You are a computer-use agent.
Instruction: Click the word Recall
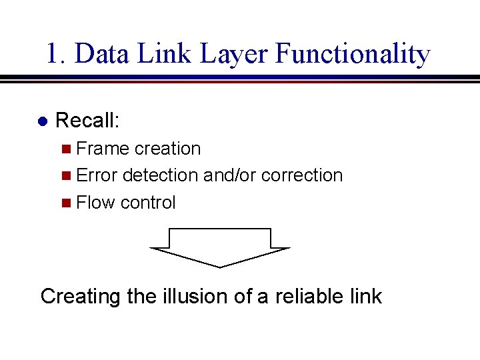click(87, 121)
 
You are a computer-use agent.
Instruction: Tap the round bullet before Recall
click(42, 122)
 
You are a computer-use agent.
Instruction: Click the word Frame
click(103, 149)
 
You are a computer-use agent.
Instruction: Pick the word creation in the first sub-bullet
click(167, 149)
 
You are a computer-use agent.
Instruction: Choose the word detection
click(160, 175)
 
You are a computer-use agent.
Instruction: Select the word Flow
click(96, 203)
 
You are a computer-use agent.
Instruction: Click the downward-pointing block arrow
click(220, 247)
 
